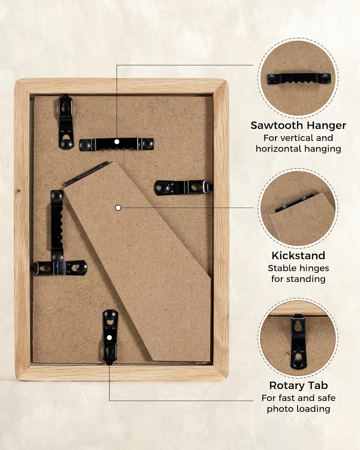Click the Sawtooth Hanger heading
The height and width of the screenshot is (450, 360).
click(298, 125)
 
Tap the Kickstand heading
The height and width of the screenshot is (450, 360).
click(298, 255)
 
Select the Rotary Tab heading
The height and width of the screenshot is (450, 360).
click(298, 385)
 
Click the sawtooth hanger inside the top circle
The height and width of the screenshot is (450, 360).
click(299, 79)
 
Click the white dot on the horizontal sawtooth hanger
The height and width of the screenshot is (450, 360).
click(117, 142)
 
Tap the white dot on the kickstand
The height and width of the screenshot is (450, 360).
click(118, 208)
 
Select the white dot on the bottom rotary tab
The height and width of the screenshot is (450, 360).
click(109, 338)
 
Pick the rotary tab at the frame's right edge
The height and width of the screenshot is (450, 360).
click(183, 188)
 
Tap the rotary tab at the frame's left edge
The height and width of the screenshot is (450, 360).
click(60, 268)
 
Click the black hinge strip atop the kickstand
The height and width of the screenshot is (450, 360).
click(87, 173)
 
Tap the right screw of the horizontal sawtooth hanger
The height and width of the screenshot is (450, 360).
click(147, 144)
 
